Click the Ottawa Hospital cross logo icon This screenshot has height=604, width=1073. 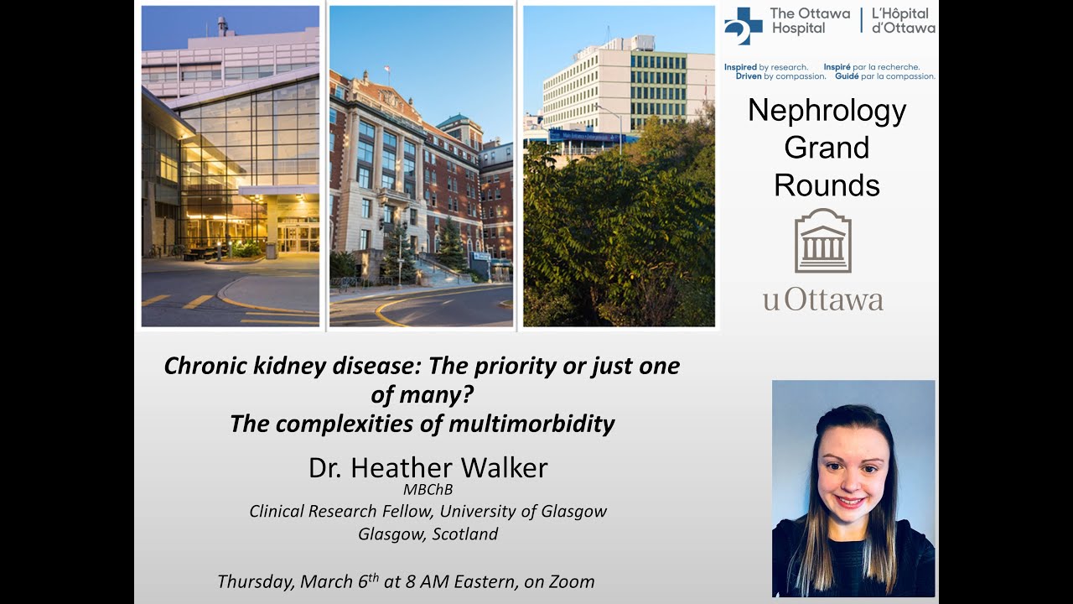pos(744,25)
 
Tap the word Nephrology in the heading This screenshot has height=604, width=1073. pos(827,111)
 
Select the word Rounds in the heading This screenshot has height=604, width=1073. pos(827,185)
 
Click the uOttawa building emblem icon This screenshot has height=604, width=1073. pos(822,241)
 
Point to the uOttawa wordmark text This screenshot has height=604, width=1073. pos(822,299)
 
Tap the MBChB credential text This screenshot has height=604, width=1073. pos(428,490)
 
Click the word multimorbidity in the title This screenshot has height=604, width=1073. pos(531,424)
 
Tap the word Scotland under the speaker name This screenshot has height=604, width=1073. pos(465,534)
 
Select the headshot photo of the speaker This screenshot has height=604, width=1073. pos(853,487)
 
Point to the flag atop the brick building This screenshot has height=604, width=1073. pos(386,70)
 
